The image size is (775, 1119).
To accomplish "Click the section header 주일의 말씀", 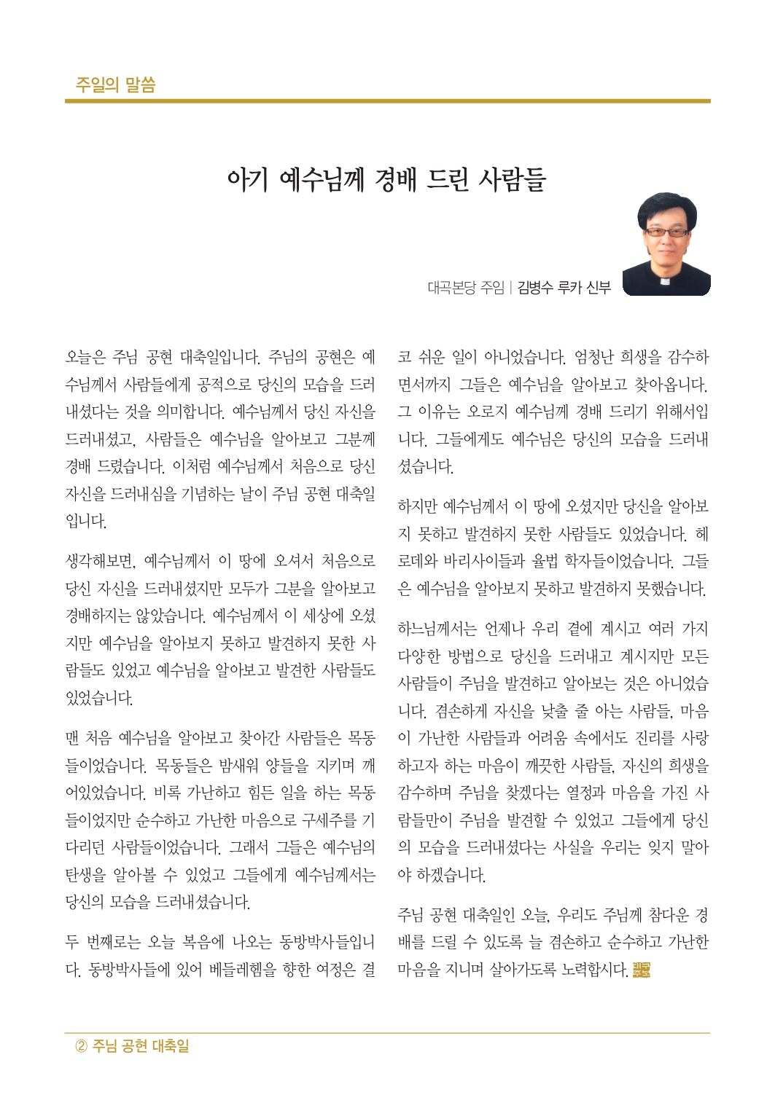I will pos(115,85).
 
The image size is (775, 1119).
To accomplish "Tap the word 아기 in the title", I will pos(247,179).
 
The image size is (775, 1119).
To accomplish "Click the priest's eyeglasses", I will pos(666,232).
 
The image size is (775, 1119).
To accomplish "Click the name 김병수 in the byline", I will pos(535,288).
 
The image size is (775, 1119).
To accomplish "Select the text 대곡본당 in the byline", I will pos(452,288).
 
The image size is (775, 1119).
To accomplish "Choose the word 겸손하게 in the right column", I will pos(460,711).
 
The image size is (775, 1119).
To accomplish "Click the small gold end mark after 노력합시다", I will pos(641,970).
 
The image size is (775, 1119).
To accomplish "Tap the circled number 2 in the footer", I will pos(82,1047).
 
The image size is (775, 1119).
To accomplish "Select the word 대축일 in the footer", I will pos(171,1047).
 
